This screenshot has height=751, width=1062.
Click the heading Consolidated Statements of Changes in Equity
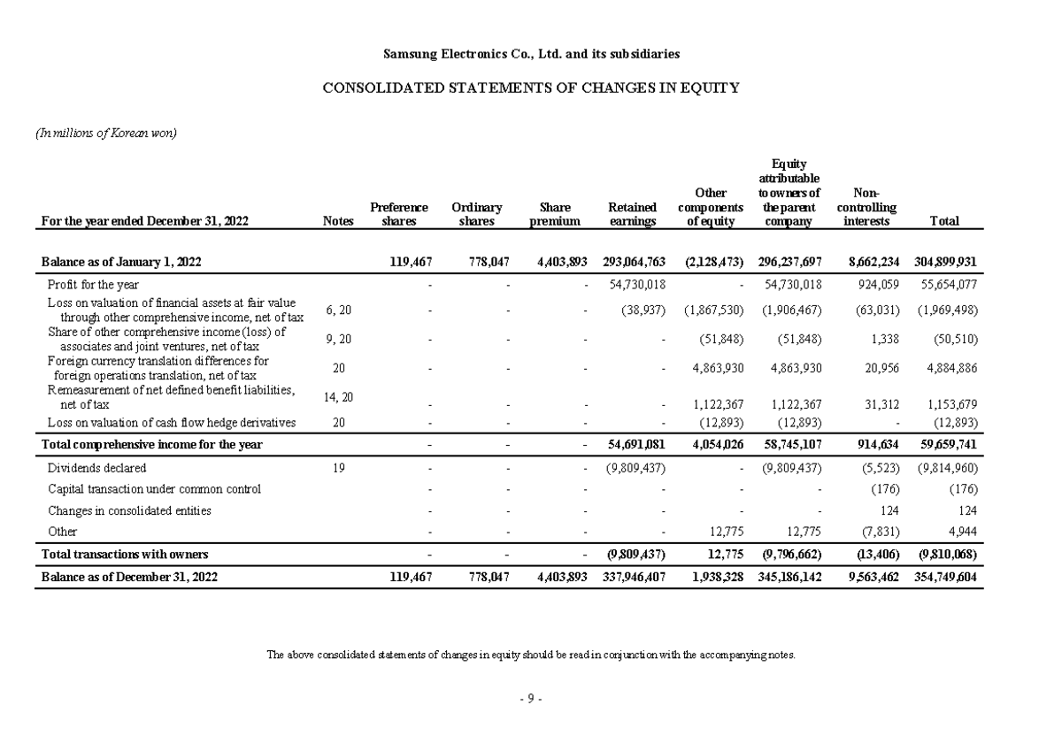(530, 88)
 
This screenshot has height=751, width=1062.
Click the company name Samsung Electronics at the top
(531, 54)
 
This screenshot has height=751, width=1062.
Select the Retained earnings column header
(633, 214)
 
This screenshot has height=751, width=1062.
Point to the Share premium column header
(555, 214)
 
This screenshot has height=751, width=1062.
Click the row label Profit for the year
(93, 285)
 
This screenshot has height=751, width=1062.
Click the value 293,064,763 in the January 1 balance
(634, 263)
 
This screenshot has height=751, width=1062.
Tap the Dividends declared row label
(96, 468)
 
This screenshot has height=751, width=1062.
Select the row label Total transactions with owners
(125, 555)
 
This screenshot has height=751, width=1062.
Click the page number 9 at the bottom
(530, 698)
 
